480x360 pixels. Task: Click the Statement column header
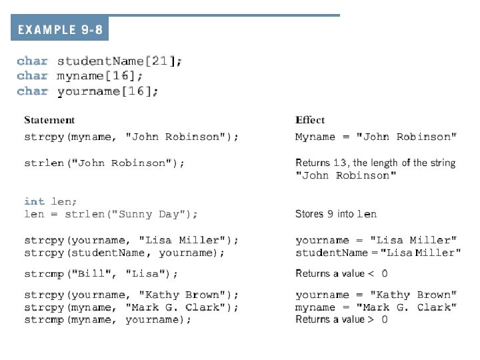[49, 120]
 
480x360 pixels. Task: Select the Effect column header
[310, 120]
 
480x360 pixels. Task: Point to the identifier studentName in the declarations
[100, 61]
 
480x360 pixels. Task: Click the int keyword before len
[34, 201]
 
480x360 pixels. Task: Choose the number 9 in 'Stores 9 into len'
[331, 214]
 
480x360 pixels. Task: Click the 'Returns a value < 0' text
[341, 273]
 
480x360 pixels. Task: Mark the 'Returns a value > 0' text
[341, 319]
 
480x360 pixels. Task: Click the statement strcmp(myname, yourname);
[107, 319]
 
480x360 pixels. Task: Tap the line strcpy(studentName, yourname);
[124, 253]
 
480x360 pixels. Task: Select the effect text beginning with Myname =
[376, 137]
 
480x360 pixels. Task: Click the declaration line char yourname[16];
[88, 91]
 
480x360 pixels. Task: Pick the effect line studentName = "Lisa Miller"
[378, 253]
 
